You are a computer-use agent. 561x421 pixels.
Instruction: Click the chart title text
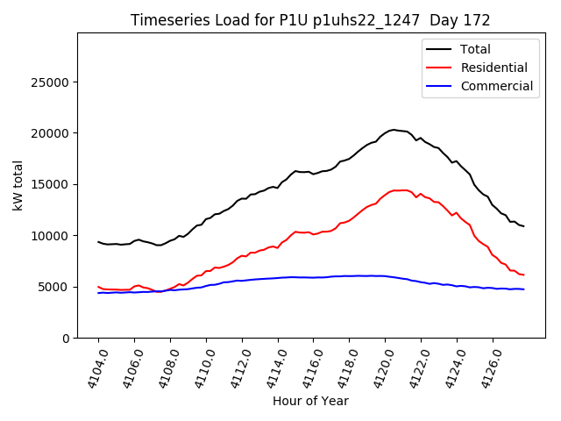click(x=310, y=20)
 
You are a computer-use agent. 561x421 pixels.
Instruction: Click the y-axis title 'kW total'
click(x=18, y=185)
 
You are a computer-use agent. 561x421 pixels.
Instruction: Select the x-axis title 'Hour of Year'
click(x=310, y=401)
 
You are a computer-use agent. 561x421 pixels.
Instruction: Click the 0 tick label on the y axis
click(x=67, y=338)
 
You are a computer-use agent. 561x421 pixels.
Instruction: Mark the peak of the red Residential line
click(x=400, y=189)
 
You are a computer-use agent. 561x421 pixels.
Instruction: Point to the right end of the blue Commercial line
click(x=524, y=289)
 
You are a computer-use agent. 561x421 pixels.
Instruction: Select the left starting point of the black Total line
click(x=98, y=241)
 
